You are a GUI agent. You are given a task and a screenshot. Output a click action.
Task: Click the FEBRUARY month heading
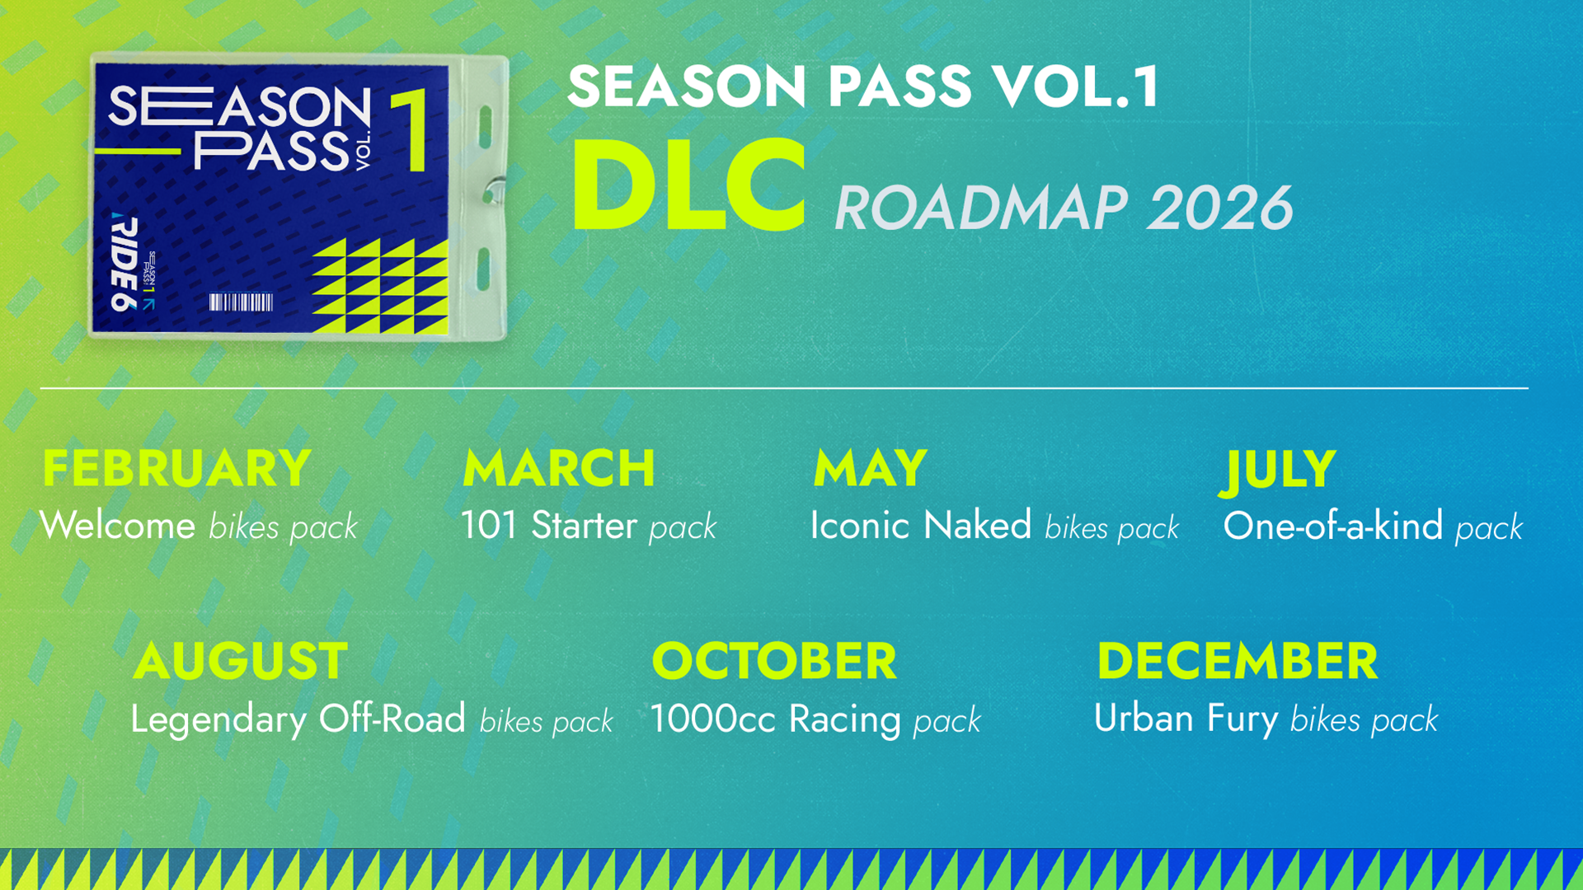(x=176, y=468)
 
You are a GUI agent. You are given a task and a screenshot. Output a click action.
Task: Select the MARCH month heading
(x=558, y=468)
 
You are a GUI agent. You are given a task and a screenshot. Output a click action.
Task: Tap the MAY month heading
(x=870, y=468)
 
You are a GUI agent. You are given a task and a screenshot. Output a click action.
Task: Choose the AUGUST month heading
(x=240, y=661)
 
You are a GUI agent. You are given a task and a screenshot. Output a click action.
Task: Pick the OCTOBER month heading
(x=773, y=661)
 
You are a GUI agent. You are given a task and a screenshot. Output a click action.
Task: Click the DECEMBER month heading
(x=1237, y=661)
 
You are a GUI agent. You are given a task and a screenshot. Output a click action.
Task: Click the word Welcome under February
(x=117, y=526)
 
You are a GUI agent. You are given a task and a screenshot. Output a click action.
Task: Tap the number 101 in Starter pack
(x=488, y=526)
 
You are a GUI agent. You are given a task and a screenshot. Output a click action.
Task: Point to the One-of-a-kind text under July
(x=1332, y=526)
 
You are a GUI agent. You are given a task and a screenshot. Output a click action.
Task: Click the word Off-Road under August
(x=392, y=719)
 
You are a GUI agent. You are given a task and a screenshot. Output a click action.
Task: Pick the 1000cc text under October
(x=712, y=719)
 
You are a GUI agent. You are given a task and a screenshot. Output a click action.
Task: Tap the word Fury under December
(x=1242, y=719)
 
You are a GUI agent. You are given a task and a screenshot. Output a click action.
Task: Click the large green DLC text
(x=688, y=187)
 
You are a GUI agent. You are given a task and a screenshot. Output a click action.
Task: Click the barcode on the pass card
(x=241, y=302)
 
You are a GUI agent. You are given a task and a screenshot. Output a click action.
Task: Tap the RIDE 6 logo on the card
(x=124, y=262)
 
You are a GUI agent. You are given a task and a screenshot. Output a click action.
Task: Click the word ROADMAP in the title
(x=980, y=208)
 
